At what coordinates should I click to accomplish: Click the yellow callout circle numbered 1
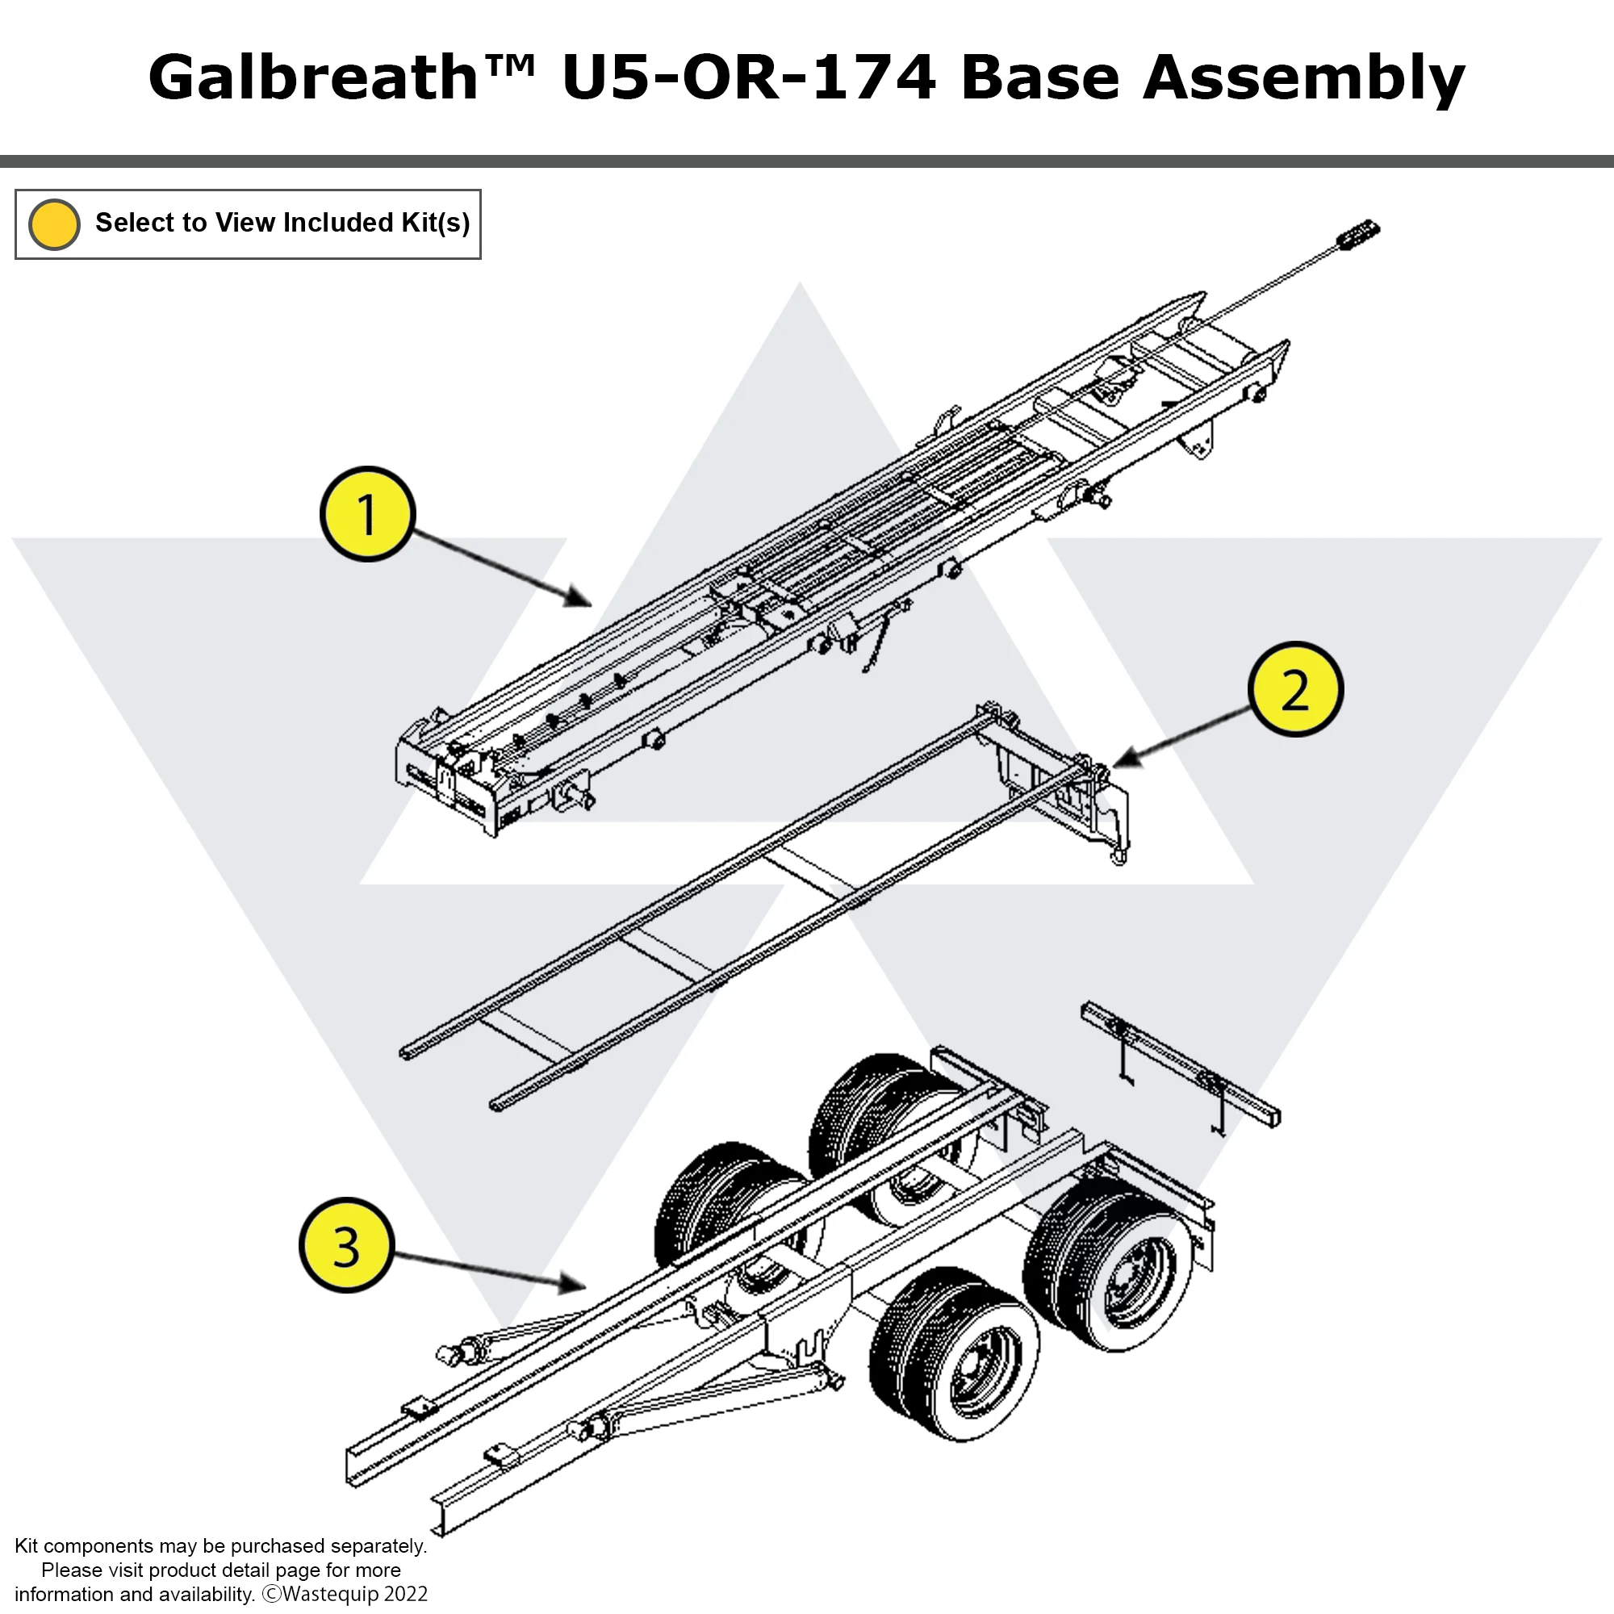coord(366,514)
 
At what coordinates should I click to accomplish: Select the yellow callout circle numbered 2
coord(1295,690)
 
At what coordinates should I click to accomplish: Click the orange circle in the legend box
coord(54,224)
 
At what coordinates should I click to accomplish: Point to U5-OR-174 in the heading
coord(749,77)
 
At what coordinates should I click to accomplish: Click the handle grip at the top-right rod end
coord(1358,233)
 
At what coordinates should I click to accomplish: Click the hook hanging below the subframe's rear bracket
coord(1118,855)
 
